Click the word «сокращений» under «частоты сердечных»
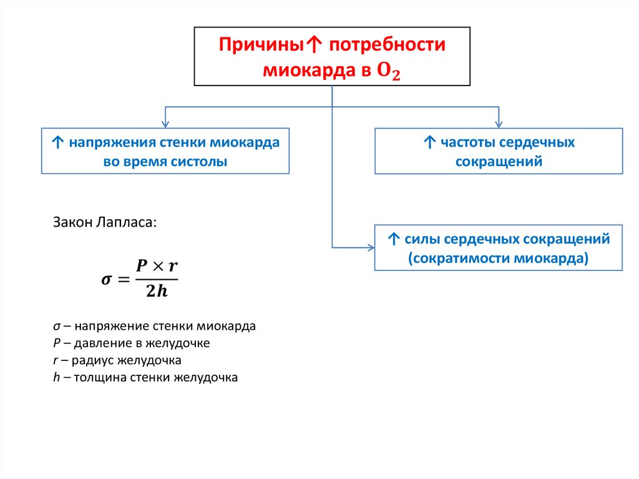click(x=499, y=161)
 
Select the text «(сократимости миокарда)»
click(x=499, y=258)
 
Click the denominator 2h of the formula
click(x=157, y=291)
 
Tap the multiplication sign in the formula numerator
click(x=157, y=265)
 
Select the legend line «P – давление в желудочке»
click(x=131, y=343)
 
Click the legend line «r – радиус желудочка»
click(x=117, y=360)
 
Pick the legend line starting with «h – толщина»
click(x=145, y=378)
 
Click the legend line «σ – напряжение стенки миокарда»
click(x=154, y=326)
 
